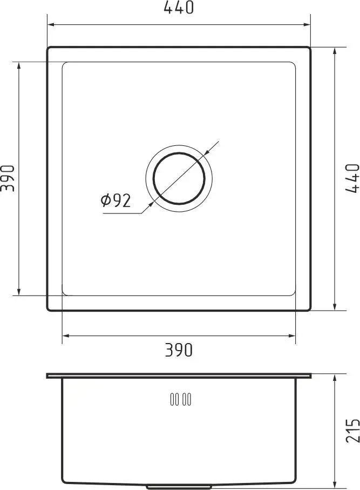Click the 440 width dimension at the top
[x=179, y=8]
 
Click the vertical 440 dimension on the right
[x=352, y=178]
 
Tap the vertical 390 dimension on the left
[x=8, y=178]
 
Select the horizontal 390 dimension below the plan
[x=179, y=350]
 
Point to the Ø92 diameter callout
[x=116, y=200]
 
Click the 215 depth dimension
[x=352, y=431]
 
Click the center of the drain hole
[x=179, y=178]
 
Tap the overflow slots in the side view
[x=181, y=399]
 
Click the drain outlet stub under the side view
[x=179, y=487]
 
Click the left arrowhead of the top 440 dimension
[x=51, y=24]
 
